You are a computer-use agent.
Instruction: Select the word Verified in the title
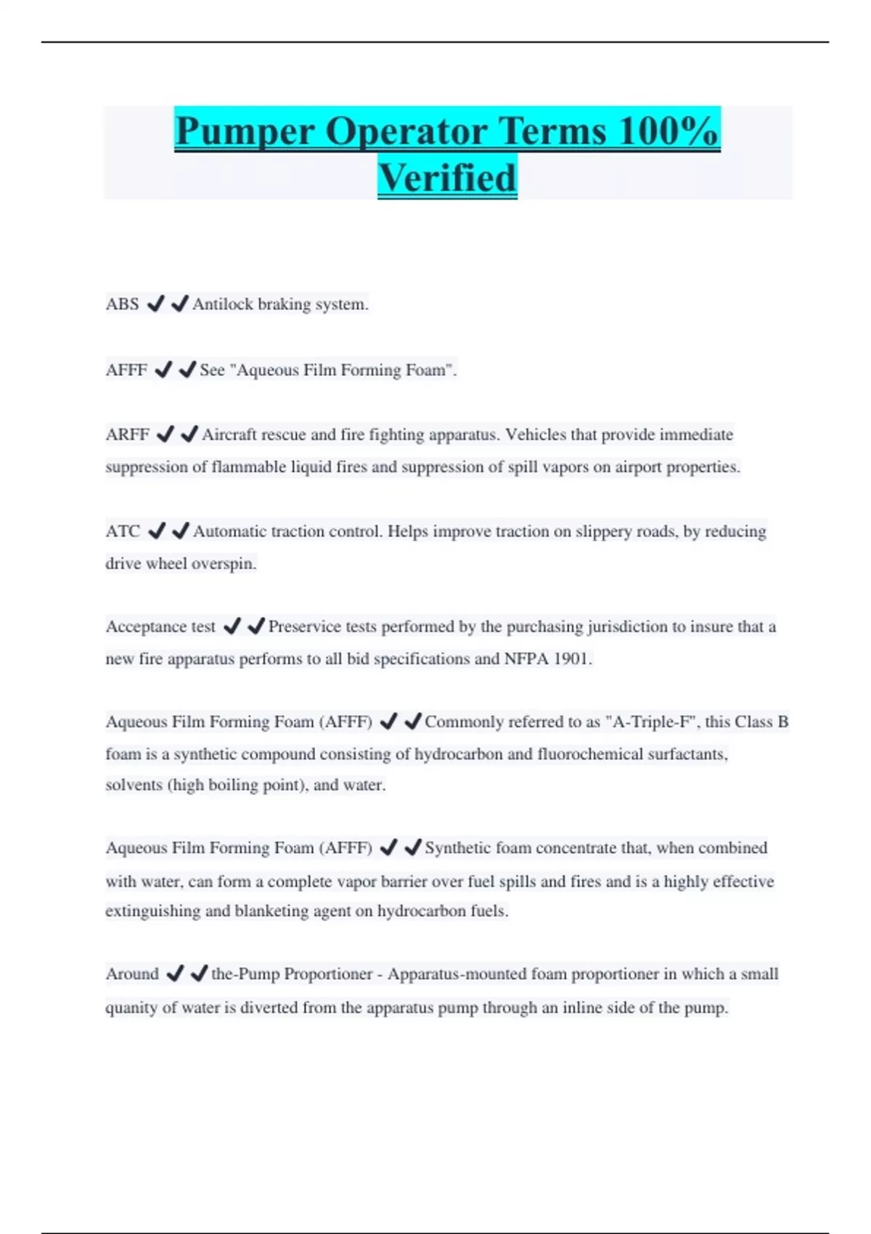[x=447, y=179]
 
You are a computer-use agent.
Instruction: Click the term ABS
[x=122, y=304]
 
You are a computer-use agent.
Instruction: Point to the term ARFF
[x=127, y=435]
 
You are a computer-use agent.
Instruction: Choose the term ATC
[x=123, y=531]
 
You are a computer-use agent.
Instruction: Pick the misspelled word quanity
[x=131, y=1008]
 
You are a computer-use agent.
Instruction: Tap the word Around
[x=132, y=974]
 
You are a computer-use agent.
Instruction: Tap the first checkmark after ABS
[x=155, y=304]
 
